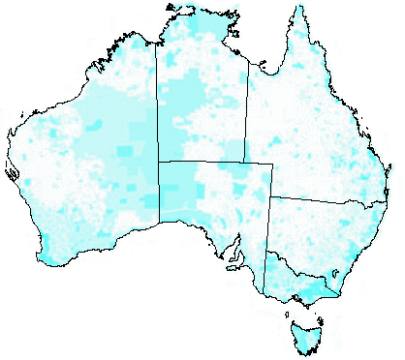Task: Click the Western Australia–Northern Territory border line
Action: pos(157,106)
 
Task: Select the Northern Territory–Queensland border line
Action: pos(246,116)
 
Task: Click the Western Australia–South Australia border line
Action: pos(158,194)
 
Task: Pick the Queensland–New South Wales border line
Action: pos(320,200)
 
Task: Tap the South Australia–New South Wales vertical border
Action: pos(269,232)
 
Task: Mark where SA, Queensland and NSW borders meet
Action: pos(271,196)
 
